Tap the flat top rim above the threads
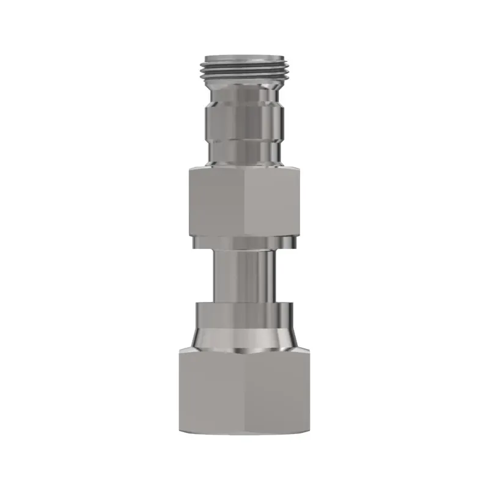pos(244,56)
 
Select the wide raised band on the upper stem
pos(244,116)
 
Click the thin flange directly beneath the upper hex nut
pos(244,243)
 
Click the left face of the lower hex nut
pos(211,391)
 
